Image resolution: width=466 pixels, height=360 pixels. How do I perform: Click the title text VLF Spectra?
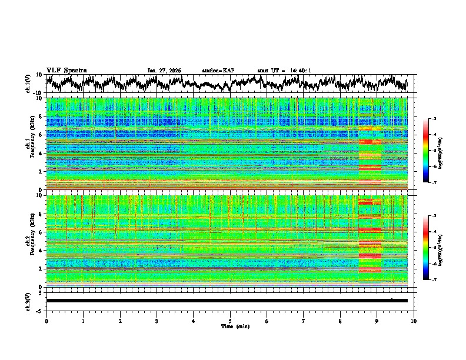pyautogui.click(x=66, y=70)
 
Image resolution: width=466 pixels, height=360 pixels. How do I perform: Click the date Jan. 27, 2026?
pyautogui.click(x=164, y=71)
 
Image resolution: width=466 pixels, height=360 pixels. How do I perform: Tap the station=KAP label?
pyautogui.click(x=218, y=71)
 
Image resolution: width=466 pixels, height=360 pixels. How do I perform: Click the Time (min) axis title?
pyautogui.click(x=230, y=326)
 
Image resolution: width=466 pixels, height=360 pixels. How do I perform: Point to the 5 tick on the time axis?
pyautogui.click(x=230, y=321)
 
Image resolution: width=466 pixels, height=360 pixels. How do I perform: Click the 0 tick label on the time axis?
pyautogui.click(x=46, y=321)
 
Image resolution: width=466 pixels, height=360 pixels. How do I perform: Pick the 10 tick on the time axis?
pyautogui.click(x=414, y=321)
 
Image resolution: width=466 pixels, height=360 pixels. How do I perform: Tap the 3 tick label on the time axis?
pyautogui.click(x=157, y=321)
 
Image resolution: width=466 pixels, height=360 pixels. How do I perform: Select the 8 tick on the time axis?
pyautogui.click(x=340, y=321)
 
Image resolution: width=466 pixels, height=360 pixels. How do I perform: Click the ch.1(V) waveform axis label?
pyautogui.click(x=29, y=84)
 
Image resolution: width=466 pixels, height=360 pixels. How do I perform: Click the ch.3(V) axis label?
pyautogui.click(x=29, y=301)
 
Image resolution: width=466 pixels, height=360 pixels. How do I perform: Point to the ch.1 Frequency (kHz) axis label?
pyautogui.click(x=31, y=144)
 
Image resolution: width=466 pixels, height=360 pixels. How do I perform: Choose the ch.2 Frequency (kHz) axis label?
pyautogui.click(x=31, y=241)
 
